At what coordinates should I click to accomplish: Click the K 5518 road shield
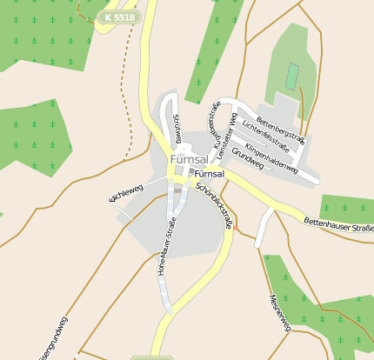coord(119,17)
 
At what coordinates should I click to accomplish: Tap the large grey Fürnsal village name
coord(189,161)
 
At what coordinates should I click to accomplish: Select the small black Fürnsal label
coord(204,174)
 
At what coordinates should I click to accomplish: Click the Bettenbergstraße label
coord(281,123)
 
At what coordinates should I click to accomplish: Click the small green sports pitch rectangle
coord(292,76)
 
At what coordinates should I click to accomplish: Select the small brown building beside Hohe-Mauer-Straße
coord(178,189)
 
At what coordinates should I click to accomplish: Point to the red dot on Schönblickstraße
coord(236,229)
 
